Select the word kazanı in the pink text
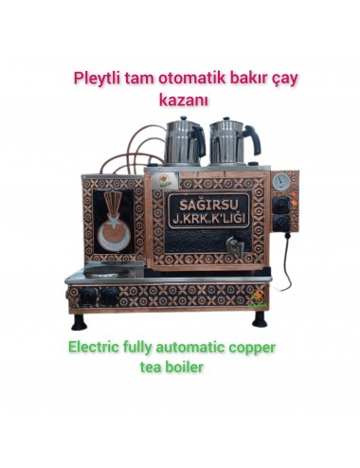180,98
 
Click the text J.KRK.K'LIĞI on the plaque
206,220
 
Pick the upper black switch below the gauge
281,204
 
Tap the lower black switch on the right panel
281,223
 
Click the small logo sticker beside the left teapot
166,178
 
